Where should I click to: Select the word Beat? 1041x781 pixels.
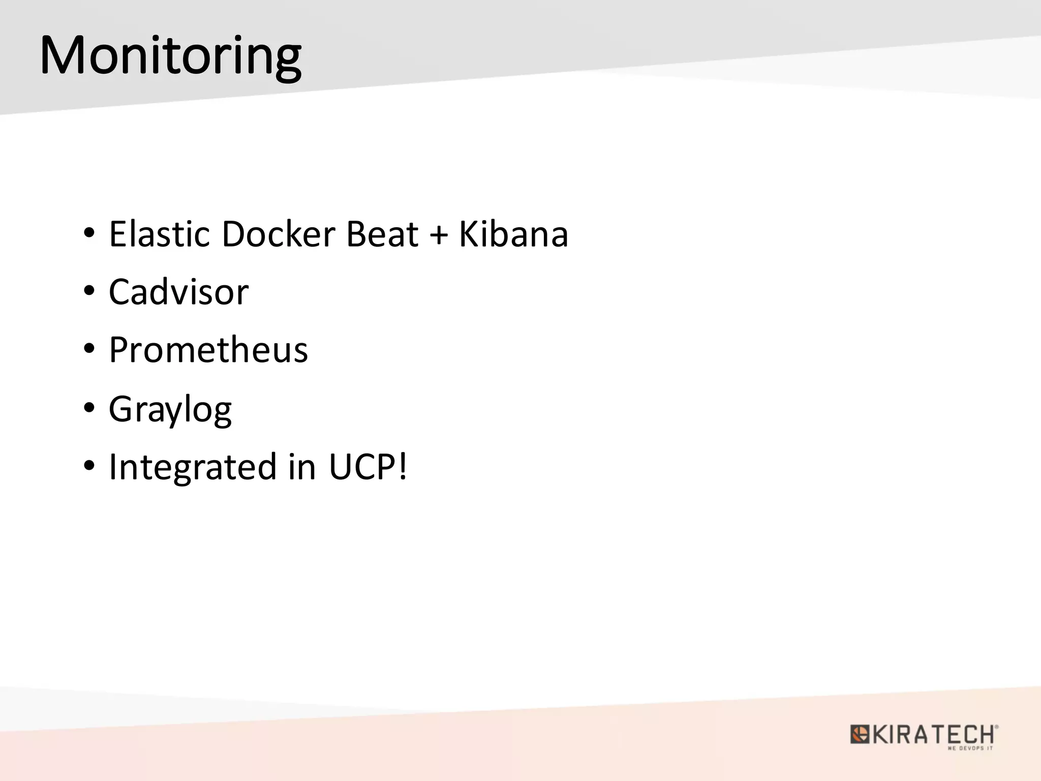tap(382, 234)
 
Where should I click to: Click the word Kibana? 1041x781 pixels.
tap(513, 234)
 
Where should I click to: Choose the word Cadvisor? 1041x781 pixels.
tap(178, 292)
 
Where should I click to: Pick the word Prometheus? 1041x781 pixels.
tap(208, 350)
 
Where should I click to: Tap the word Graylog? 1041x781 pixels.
tap(170, 409)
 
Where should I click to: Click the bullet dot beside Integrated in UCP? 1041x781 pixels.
tap(89, 466)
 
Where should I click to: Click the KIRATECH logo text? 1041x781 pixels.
tap(933, 734)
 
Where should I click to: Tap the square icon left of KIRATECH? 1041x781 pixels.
tap(860, 735)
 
